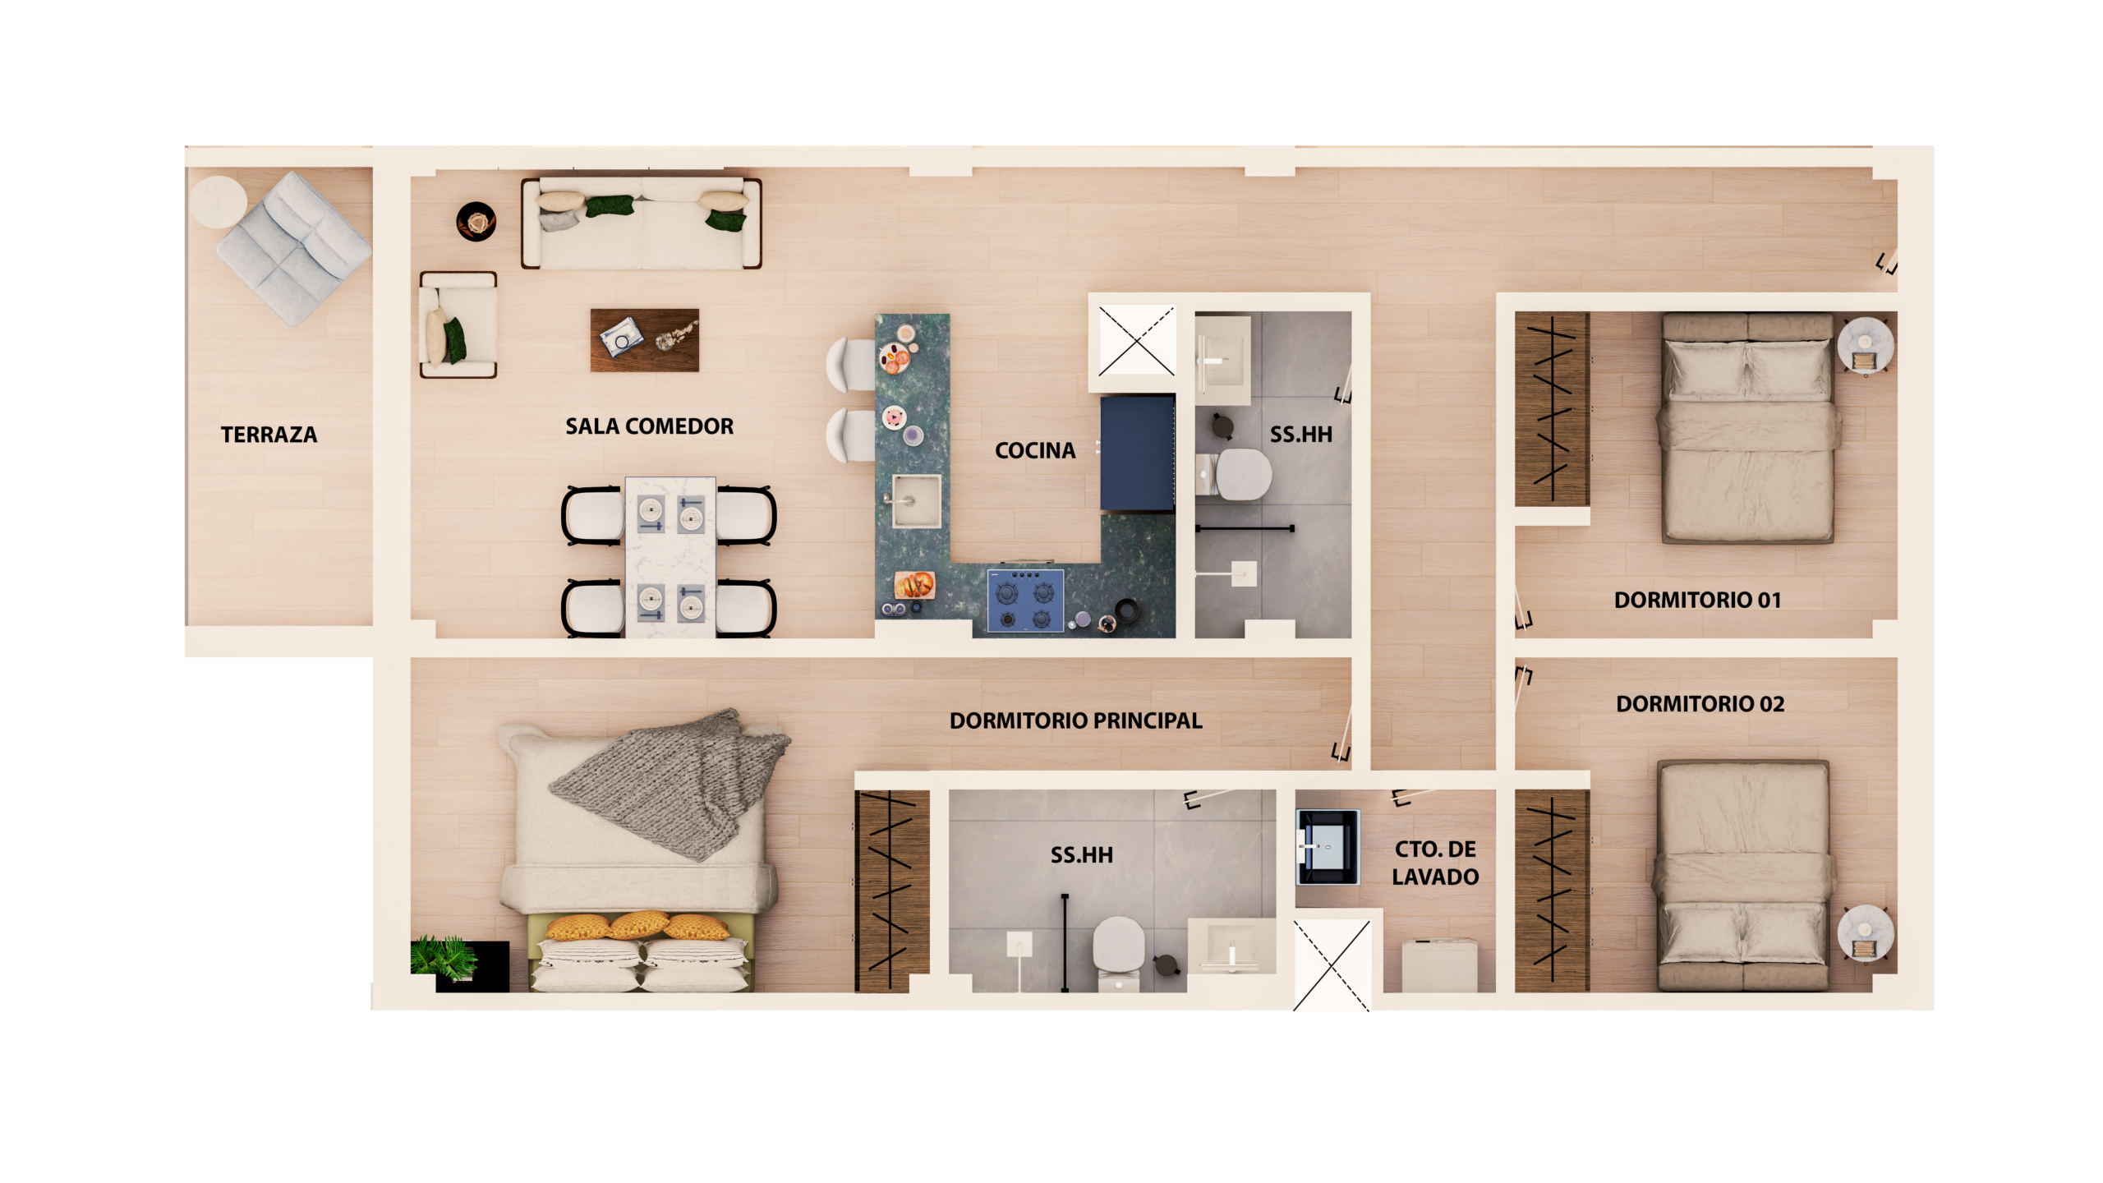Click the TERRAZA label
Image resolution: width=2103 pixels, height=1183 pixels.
point(269,435)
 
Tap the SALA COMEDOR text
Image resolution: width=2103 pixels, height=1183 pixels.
point(649,426)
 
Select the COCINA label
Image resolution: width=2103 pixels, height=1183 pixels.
point(1035,450)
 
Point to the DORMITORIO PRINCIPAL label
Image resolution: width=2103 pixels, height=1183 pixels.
point(1075,720)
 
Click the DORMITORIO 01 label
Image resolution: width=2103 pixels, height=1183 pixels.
point(1697,600)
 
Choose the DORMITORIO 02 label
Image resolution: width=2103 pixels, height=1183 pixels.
point(1700,704)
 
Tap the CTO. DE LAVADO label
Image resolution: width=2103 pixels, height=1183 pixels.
point(1435,863)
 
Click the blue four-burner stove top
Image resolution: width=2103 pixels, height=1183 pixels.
point(1025,601)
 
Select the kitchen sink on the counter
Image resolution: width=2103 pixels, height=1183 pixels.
point(916,500)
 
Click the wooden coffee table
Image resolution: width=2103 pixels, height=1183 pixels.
point(645,340)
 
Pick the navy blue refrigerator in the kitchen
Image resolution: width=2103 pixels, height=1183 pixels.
point(1138,454)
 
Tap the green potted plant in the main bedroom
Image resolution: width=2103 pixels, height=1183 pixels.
point(444,956)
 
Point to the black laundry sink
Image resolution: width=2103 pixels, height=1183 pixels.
point(1328,847)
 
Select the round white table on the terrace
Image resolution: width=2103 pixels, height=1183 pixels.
point(219,202)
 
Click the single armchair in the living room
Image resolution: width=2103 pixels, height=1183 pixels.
point(458,325)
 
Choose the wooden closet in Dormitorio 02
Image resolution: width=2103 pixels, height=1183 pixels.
point(1552,891)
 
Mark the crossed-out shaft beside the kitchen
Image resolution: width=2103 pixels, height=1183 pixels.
point(1136,340)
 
